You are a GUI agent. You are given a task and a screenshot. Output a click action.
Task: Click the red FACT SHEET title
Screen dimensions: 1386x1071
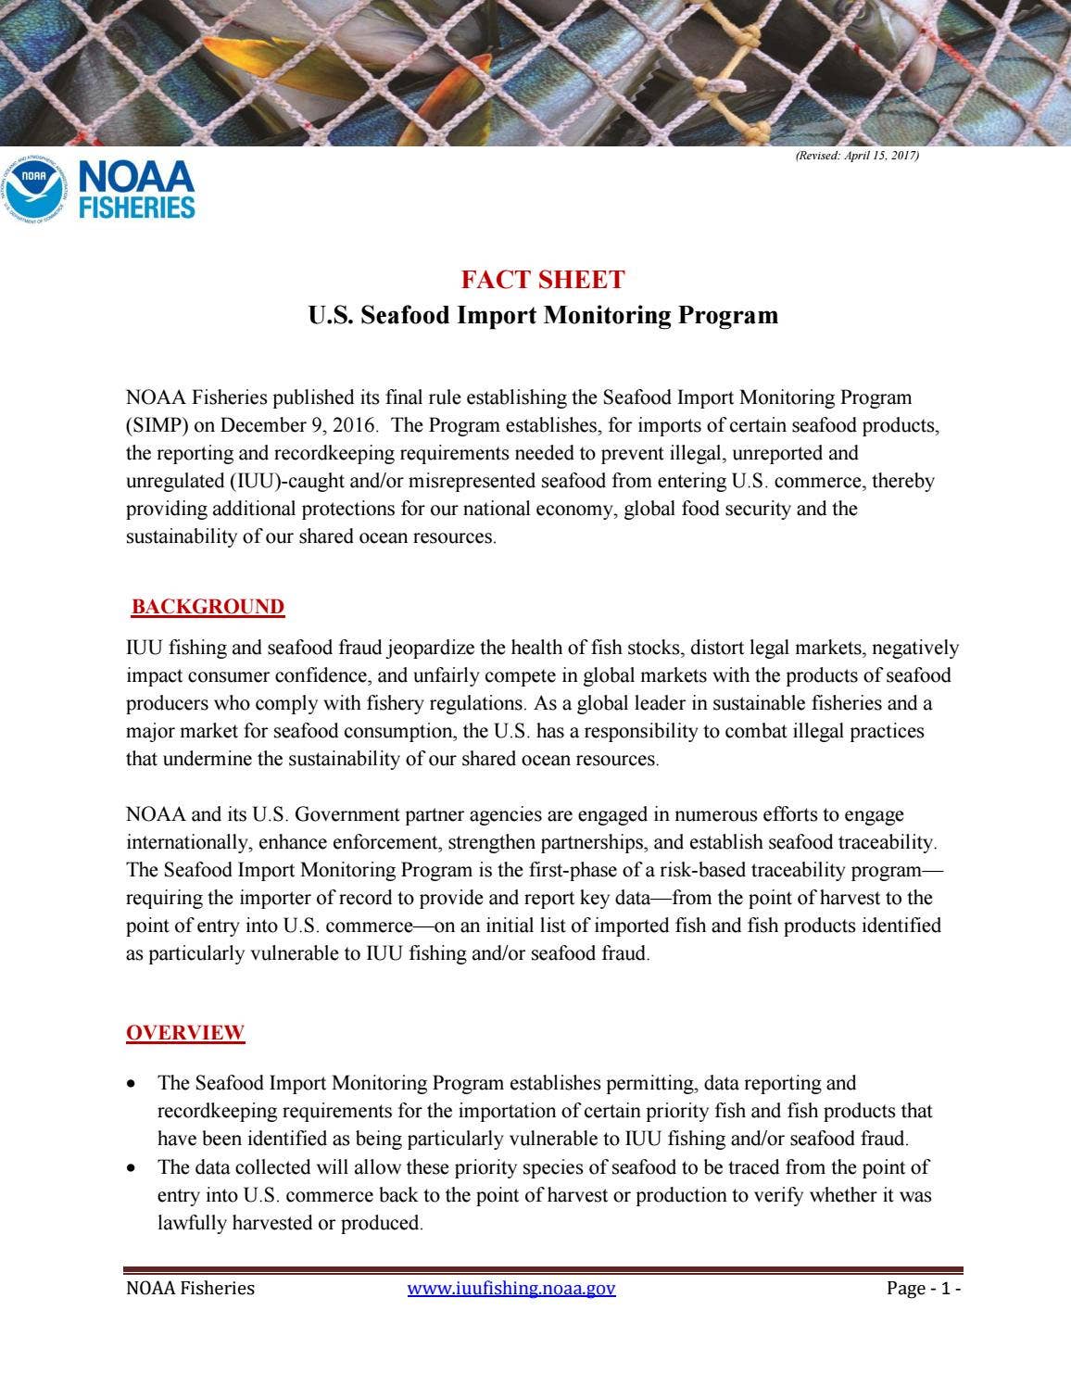tap(543, 280)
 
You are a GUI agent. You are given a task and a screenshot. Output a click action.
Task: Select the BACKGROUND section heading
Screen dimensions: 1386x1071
tap(208, 607)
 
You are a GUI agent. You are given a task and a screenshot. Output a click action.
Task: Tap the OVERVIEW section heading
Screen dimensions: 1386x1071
tap(185, 1033)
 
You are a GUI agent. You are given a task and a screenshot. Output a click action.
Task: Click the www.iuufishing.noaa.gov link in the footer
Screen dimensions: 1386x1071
tap(511, 1288)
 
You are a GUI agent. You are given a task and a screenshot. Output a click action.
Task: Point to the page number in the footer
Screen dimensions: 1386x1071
tap(924, 1288)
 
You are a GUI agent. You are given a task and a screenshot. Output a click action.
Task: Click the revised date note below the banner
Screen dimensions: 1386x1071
tap(857, 156)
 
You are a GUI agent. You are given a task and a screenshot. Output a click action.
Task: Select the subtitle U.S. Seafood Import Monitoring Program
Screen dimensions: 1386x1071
tap(543, 315)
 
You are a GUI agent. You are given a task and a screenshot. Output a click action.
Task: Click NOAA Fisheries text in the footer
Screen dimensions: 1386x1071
tap(190, 1288)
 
